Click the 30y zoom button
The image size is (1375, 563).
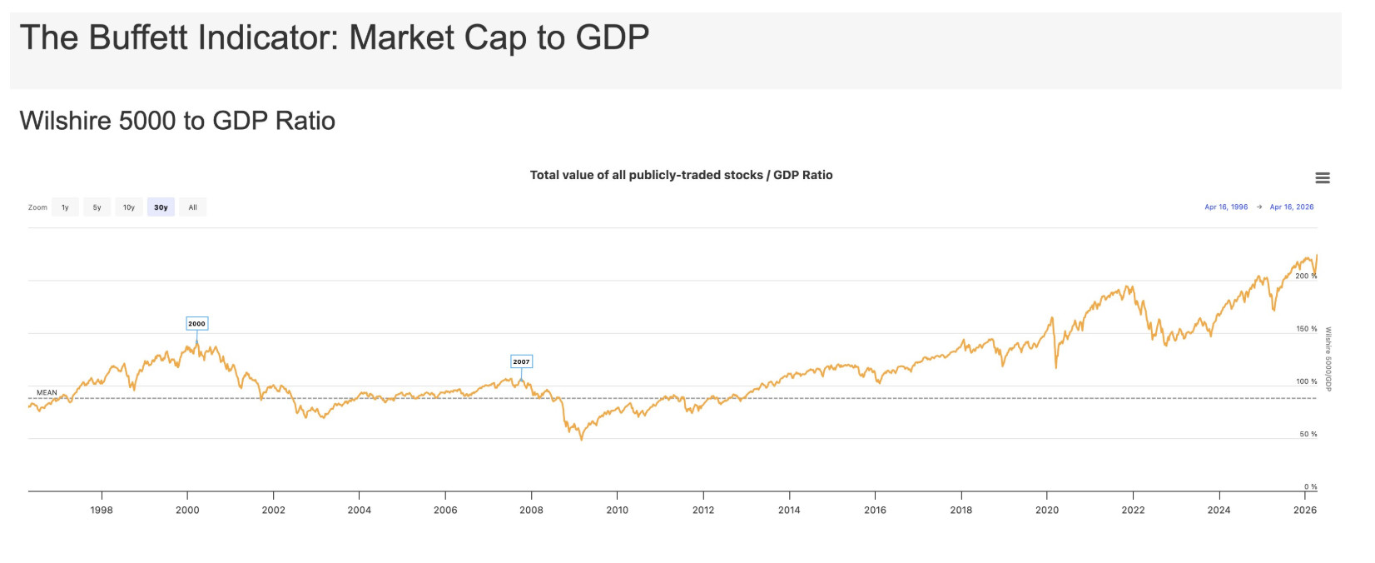pos(161,207)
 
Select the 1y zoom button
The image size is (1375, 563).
pos(65,207)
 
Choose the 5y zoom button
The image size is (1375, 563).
pos(97,207)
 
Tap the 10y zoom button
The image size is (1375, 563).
pos(129,207)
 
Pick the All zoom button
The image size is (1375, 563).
pos(192,207)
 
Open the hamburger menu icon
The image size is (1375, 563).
pos(1322,178)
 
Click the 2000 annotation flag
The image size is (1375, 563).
pos(196,324)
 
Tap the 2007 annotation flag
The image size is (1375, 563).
pos(521,361)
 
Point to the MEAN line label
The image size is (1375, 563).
pos(47,392)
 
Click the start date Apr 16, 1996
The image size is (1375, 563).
pos(1226,207)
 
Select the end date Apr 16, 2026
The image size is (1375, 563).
pos(1291,207)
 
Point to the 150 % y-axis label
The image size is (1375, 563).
pos(1306,329)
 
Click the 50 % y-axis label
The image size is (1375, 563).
pos(1308,434)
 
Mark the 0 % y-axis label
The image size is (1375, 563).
pos(1310,486)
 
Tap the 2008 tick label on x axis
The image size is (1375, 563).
pos(531,510)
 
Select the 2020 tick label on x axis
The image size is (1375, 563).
pos(1046,510)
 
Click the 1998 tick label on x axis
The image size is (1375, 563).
pos(102,510)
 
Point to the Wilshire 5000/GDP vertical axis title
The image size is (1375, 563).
pos(1328,359)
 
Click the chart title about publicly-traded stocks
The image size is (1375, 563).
pos(681,175)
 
